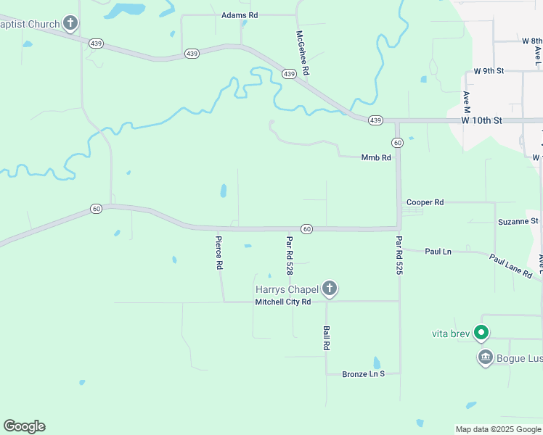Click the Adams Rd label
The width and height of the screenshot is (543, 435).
pyautogui.click(x=240, y=14)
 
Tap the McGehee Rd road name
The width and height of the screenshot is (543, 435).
pyautogui.click(x=303, y=53)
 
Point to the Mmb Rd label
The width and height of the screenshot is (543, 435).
pyautogui.click(x=376, y=157)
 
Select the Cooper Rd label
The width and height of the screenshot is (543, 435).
pyautogui.click(x=425, y=202)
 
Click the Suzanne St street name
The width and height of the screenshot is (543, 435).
pyautogui.click(x=518, y=220)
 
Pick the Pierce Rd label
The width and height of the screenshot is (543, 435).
pyautogui.click(x=218, y=252)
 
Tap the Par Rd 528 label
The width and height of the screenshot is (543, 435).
pyautogui.click(x=289, y=255)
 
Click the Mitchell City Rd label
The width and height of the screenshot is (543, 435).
pyautogui.click(x=282, y=302)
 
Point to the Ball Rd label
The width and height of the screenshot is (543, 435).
pyautogui.click(x=326, y=338)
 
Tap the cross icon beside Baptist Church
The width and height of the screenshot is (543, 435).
pyautogui.click(x=70, y=24)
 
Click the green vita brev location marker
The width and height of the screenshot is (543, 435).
pyautogui.click(x=481, y=333)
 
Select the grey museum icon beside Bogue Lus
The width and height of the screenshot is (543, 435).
pyautogui.click(x=485, y=357)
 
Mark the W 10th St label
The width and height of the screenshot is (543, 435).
pyautogui.click(x=481, y=120)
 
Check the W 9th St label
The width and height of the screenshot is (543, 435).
pyautogui.click(x=489, y=71)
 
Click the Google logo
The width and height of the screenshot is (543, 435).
pyautogui.click(x=24, y=426)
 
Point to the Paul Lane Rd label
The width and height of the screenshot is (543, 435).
pyautogui.click(x=510, y=265)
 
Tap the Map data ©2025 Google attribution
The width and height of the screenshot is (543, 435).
pyautogui.click(x=497, y=429)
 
